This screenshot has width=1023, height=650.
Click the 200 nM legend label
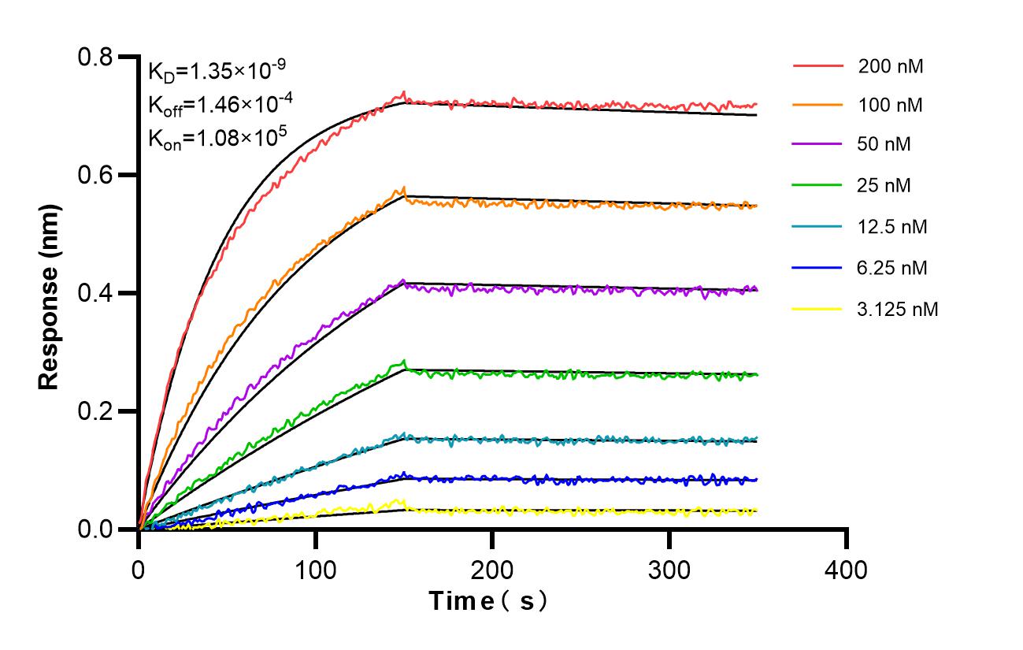[x=891, y=66]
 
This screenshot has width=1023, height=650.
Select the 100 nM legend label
[x=891, y=106]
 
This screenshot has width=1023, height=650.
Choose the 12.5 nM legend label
[x=892, y=228]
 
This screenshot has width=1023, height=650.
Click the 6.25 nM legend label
[x=892, y=269]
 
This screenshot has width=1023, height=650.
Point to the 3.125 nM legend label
[x=898, y=310]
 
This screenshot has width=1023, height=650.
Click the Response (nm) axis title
[x=49, y=293]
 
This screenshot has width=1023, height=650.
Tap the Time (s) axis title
[x=488, y=601]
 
